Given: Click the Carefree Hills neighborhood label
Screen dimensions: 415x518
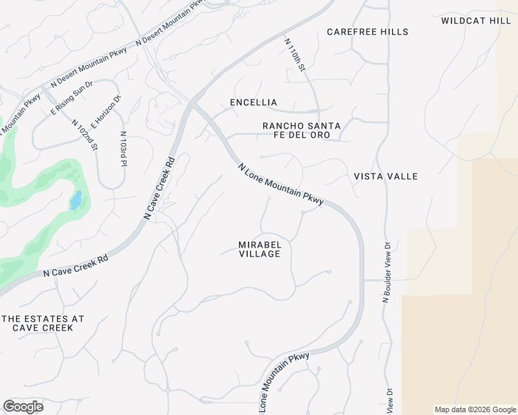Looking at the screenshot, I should point(368,32).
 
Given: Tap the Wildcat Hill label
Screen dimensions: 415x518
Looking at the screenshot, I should point(476,21).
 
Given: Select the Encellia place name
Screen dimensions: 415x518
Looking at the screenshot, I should point(253,102).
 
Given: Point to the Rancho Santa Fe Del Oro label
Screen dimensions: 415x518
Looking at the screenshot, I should point(301,130).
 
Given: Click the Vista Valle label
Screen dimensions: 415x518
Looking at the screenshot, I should point(386,176).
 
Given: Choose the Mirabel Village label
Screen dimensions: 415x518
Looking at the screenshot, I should point(260,249).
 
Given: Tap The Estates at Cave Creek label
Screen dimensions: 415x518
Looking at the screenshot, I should point(43,323).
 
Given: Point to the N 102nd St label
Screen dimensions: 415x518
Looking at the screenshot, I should point(84,135).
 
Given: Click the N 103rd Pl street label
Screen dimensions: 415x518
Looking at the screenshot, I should point(123,149).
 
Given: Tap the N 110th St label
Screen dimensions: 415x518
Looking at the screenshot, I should point(295,55).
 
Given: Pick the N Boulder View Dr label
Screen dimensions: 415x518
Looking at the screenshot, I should point(387,272).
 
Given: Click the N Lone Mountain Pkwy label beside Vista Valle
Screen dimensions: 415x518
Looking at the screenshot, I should point(280,184).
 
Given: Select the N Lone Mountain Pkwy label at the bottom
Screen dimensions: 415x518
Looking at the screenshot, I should point(284,382).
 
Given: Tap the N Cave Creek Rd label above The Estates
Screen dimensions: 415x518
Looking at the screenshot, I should point(75,265).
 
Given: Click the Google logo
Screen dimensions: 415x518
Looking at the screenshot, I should point(23,407).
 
